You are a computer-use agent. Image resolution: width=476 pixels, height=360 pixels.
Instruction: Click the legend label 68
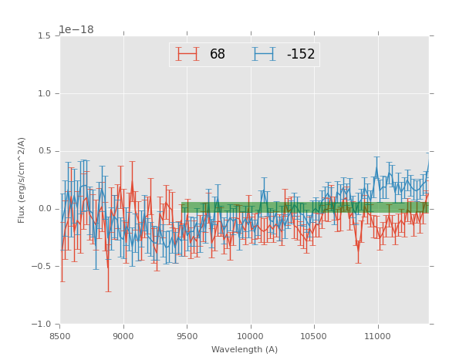[x=218, y=55]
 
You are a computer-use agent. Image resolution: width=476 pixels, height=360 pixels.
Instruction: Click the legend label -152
[x=301, y=55]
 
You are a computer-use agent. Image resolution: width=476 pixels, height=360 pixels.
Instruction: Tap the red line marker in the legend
[x=187, y=55]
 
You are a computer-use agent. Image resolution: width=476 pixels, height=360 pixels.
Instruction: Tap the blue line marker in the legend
[x=265, y=55]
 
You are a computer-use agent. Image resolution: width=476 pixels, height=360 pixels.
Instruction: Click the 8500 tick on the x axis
[x=60, y=336]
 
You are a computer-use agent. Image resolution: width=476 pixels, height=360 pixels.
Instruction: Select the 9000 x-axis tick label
[x=123, y=336]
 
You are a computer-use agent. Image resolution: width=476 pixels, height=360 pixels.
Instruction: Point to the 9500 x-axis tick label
[x=187, y=336]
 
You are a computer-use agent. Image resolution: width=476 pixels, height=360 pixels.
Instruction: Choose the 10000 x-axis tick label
[x=251, y=336]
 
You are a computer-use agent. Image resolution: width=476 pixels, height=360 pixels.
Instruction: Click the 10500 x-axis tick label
[x=314, y=336]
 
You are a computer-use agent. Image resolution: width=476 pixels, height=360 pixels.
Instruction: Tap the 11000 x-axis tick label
[x=378, y=336]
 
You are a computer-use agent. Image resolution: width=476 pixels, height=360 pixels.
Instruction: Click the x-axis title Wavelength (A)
[x=245, y=350]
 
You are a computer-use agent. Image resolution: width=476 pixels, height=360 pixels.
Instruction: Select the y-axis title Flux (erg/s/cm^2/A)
[x=22, y=180]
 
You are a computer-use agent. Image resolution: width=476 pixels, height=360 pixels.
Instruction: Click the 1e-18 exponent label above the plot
[x=76, y=30]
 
